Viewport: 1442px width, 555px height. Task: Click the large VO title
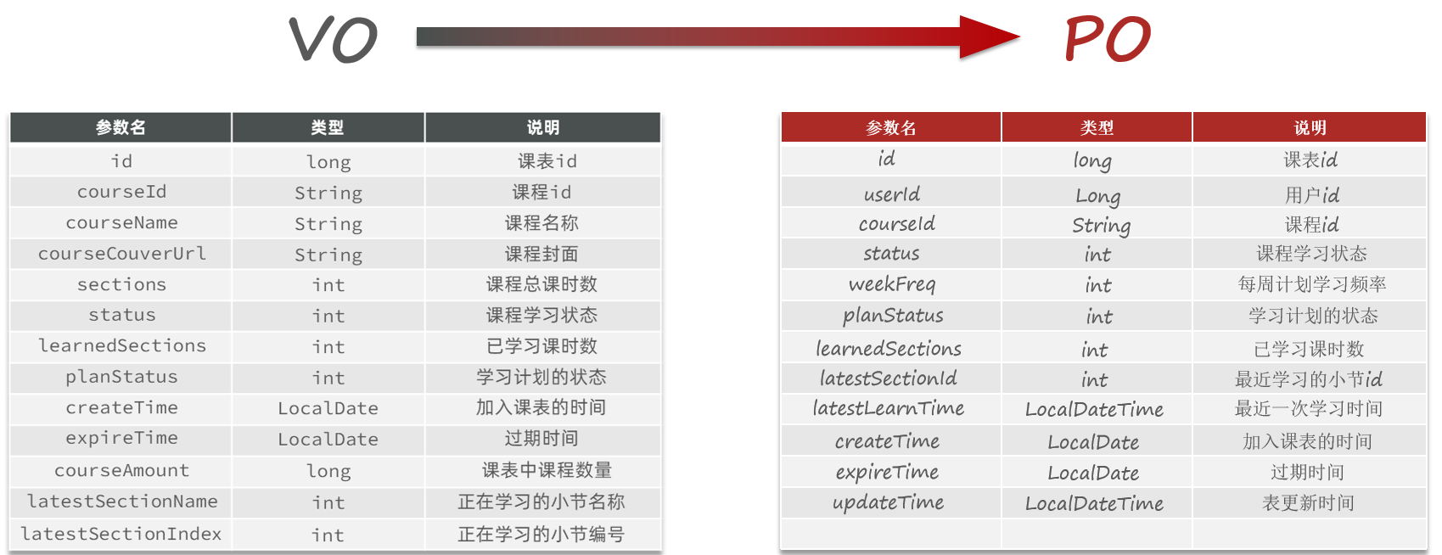333,39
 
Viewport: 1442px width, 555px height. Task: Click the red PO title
1108,39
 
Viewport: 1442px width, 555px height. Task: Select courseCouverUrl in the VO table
121,254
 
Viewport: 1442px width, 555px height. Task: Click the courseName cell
121,223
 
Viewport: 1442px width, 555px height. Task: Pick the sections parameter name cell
121,284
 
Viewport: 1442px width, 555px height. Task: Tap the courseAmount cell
121,471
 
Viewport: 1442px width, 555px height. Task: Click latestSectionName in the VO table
121,502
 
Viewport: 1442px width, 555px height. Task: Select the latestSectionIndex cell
121,534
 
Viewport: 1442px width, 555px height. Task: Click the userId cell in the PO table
891,193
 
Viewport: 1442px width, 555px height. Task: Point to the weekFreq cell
891,284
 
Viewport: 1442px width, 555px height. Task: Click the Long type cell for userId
1097,196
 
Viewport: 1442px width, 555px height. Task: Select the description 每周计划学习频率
1311,284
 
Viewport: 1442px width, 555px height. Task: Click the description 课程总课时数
541,284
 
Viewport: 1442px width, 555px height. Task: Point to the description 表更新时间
1308,503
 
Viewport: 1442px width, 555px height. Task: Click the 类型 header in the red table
1097,127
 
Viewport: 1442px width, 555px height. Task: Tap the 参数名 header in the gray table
121,127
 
